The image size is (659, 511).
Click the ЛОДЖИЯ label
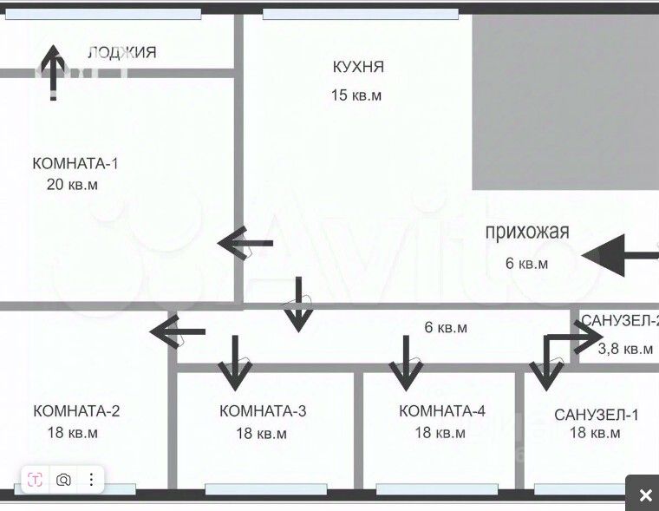click(x=122, y=52)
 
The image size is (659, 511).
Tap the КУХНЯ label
click(x=358, y=67)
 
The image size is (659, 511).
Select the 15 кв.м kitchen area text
click(x=356, y=95)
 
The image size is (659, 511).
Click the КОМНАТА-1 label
click(x=75, y=162)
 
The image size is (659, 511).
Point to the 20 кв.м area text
click(x=72, y=184)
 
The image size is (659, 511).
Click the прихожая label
click(x=526, y=231)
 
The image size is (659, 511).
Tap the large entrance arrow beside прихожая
click(x=618, y=254)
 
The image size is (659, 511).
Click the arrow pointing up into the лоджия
click(x=54, y=72)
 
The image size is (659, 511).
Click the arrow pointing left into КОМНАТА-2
click(x=178, y=331)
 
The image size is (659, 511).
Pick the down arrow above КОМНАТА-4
click(x=404, y=361)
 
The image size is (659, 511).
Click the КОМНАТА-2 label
click(x=76, y=410)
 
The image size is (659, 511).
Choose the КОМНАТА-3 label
click(x=263, y=410)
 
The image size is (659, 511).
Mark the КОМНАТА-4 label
click(x=441, y=410)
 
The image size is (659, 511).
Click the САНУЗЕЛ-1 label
click(x=597, y=414)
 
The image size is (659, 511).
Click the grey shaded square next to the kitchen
click(x=564, y=102)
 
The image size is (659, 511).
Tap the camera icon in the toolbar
click(x=64, y=479)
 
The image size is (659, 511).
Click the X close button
click(x=645, y=495)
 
